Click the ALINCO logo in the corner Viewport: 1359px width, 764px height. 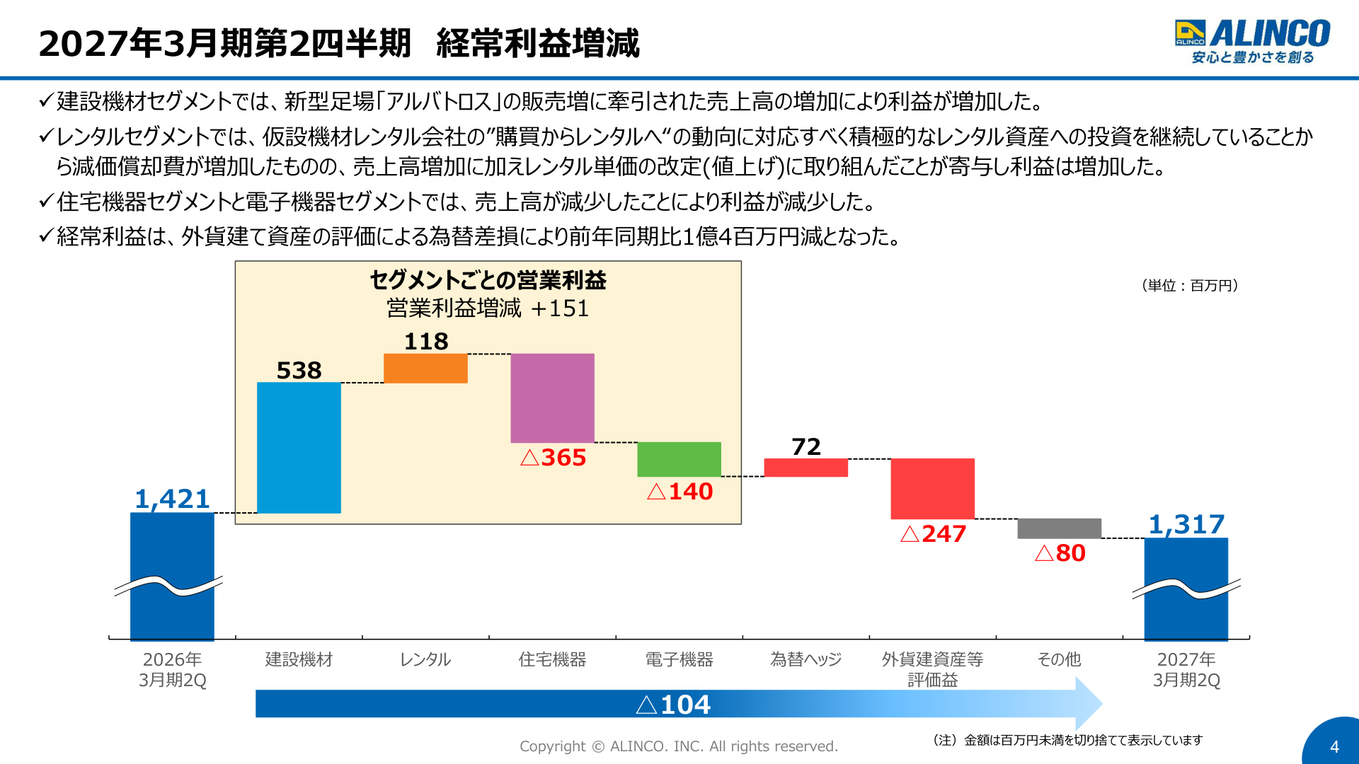pos(1252,41)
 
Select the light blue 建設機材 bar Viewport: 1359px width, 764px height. pos(299,448)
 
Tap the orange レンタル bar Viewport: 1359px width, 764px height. pos(425,369)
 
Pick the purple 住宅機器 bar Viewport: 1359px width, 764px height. pos(552,398)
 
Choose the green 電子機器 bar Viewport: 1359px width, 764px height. pos(679,459)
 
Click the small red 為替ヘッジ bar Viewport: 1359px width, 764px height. pos(805,468)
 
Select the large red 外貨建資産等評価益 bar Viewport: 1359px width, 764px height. pos(932,489)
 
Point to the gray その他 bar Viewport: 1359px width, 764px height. pos(1059,528)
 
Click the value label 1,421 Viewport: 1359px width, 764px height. pos(172,499)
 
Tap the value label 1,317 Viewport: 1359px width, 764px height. pos(1186,525)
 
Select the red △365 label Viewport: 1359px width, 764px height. pos(553,458)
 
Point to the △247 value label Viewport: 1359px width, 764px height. pos(933,534)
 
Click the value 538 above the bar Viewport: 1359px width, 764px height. pos(299,370)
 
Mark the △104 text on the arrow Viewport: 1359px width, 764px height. pos(673,705)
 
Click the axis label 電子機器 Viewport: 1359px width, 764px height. pos(679,659)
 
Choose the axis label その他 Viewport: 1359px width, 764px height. pos(1059,659)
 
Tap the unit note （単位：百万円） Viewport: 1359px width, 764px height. pos(1190,285)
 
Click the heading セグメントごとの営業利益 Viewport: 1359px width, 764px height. pos(488,280)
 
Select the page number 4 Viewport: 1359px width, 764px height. pos(1334,747)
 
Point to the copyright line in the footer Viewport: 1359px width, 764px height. pos(679,746)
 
